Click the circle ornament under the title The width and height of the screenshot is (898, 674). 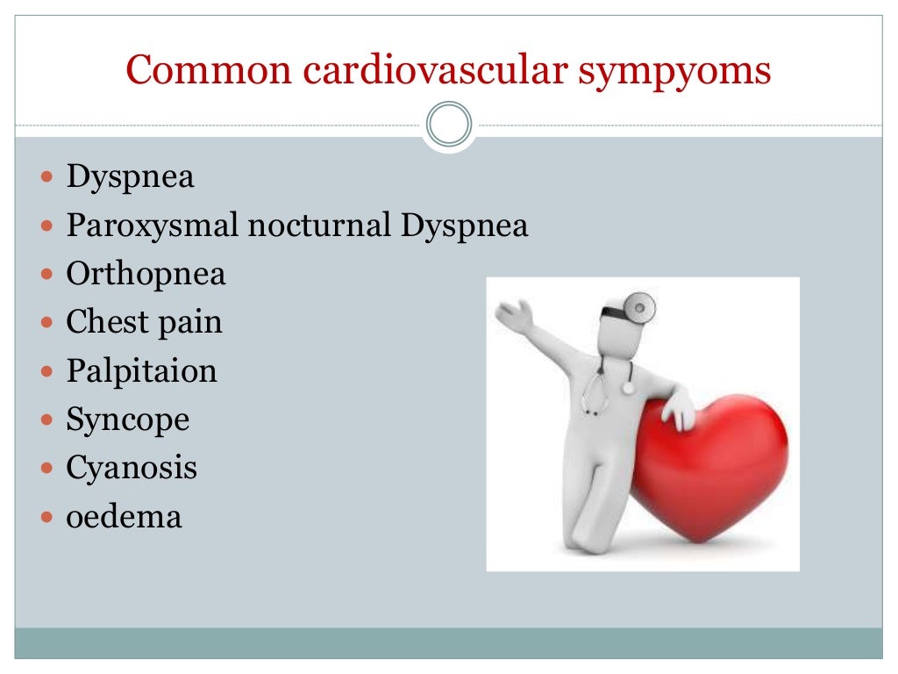click(x=449, y=125)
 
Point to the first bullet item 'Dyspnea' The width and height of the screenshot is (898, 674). click(x=131, y=178)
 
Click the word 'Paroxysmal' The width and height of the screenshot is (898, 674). click(x=153, y=226)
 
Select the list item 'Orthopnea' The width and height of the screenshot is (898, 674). click(x=146, y=275)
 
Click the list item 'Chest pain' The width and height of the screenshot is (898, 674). click(x=145, y=322)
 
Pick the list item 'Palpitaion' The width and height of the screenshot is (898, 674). click(x=141, y=371)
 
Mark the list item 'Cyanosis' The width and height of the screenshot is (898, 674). click(x=132, y=468)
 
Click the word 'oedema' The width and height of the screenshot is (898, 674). click(x=124, y=516)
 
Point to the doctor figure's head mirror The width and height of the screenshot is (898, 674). click(x=645, y=306)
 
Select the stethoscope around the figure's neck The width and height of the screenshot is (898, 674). click(x=605, y=386)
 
